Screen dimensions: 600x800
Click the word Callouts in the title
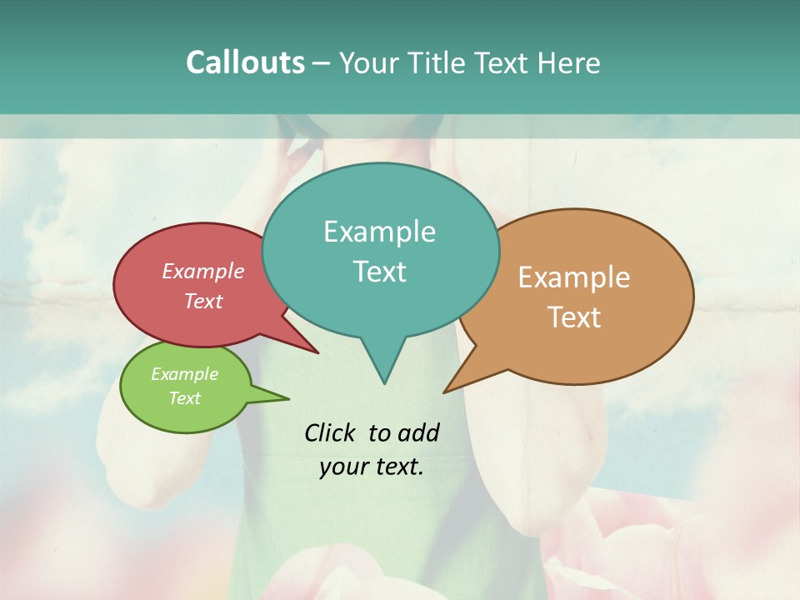pyautogui.click(x=245, y=62)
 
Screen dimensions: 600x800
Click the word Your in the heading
pyautogui.click(x=370, y=62)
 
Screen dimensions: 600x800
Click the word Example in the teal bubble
pyautogui.click(x=379, y=231)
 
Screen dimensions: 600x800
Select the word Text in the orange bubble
pyautogui.click(x=574, y=317)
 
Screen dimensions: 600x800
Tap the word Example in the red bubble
pyautogui.click(x=202, y=271)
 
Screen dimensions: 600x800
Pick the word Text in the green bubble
pyautogui.click(x=184, y=398)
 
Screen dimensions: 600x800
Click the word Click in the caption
pyautogui.click(x=331, y=432)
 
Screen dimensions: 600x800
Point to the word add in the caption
pyautogui.click(x=417, y=432)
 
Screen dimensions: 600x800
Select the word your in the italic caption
pyautogui.click(x=342, y=467)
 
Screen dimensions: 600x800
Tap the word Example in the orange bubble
pyautogui.click(x=574, y=277)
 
